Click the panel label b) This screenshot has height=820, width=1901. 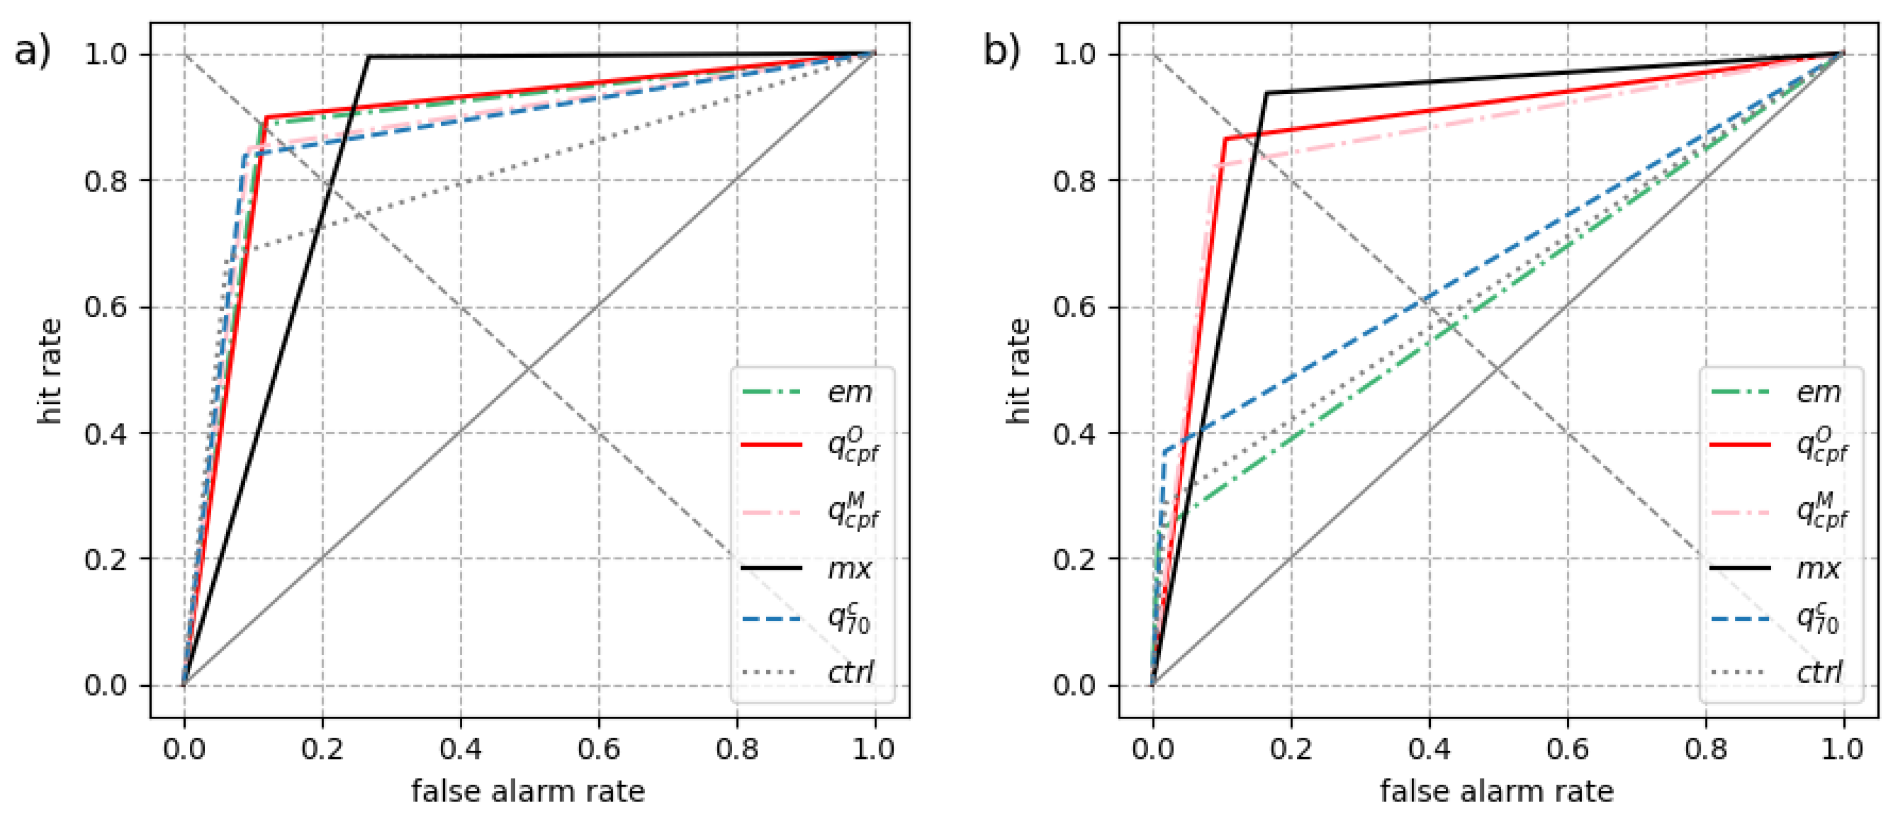coord(1002,52)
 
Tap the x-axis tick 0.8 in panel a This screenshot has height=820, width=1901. coord(737,749)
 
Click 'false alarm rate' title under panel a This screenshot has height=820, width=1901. coord(528,791)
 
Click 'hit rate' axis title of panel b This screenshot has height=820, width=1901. coord(1018,370)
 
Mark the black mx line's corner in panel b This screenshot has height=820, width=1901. coord(1267,93)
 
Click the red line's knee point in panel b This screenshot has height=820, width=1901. coord(1225,138)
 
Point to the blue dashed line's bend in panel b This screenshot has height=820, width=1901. coord(1164,452)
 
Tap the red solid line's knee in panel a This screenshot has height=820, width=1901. coord(265,117)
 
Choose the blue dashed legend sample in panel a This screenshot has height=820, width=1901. coord(771,619)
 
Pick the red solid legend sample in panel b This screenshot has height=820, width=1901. coord(1740,445)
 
